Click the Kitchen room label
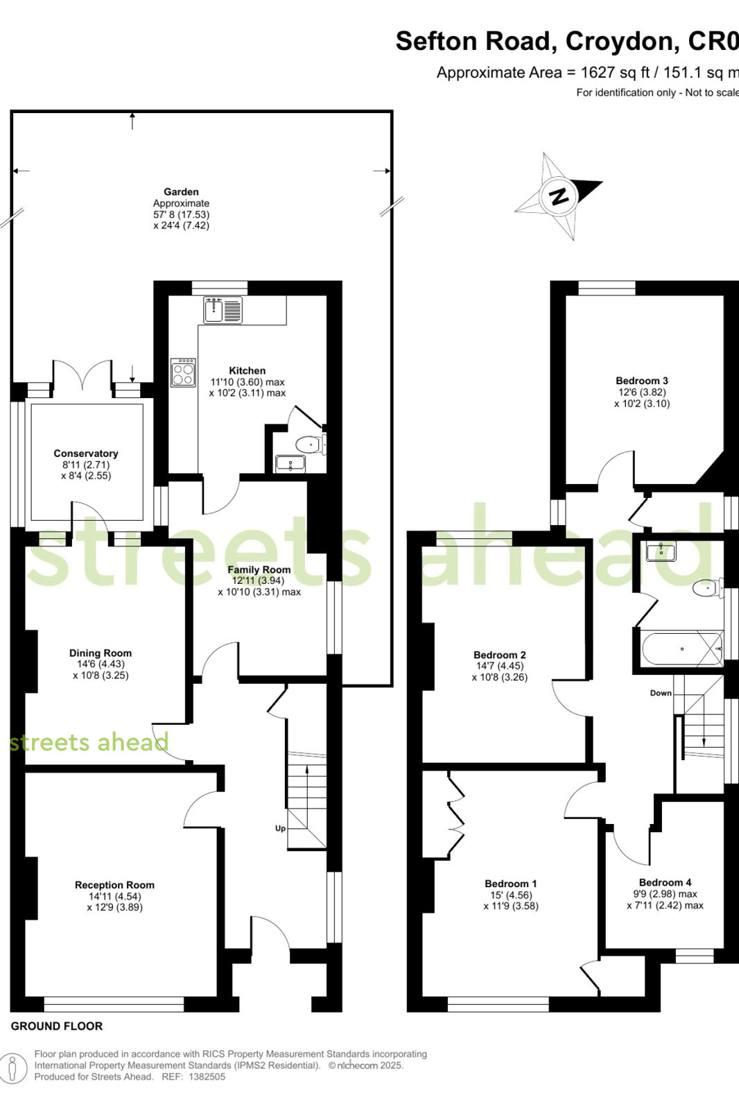(x=247, y=370)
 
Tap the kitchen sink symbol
(x=223, y=310)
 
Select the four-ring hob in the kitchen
(x=183, y=372)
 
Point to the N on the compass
(x=559, y=196)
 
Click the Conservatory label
(x=86, y=454)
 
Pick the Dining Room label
(x=101, y=653)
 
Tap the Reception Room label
(x=114, y=885)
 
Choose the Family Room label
(x=259, y=570)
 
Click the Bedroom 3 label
(x=641, y=381)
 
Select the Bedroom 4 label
(x=665, y=882)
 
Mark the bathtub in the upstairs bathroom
(x=682, y=649)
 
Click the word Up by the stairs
(x=280, y=829)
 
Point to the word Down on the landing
(x=661, y=693)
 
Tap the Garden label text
(x=181, y=191)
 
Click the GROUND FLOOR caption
(x=57, y=1026)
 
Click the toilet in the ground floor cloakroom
(x=311, y=444)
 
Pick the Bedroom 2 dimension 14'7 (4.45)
(x=499, y=666)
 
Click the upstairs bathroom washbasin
(x=661, y=551)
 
